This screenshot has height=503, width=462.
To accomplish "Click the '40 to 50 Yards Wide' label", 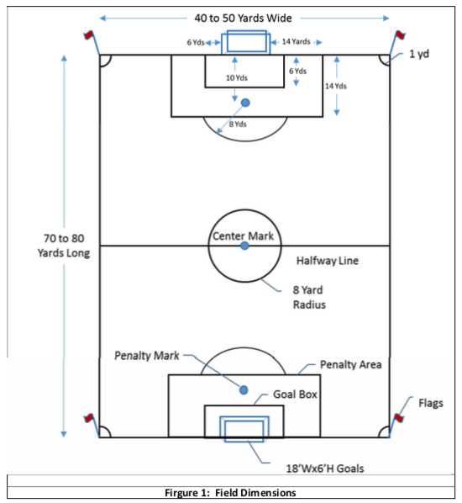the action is [243, 18].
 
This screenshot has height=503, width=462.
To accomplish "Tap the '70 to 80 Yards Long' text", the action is [64, 246].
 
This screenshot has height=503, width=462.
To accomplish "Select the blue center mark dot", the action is [244, 246].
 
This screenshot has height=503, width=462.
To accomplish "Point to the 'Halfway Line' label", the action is [328, 261].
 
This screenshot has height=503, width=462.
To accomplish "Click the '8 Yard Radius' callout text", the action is [309, 297].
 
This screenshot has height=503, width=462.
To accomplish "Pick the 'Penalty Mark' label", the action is [147, 356].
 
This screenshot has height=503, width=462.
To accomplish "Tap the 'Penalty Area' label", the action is [351, 364].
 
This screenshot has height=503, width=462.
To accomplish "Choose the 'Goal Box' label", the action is [295, 394].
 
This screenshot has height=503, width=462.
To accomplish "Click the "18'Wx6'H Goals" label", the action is [325, 469].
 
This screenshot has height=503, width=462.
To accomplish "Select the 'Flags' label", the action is [431, 403].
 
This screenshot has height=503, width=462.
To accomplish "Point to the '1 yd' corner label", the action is [419, 54].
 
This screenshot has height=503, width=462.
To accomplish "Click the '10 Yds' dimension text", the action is [237, 77].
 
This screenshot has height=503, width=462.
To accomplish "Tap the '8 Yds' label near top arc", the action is [238, 124].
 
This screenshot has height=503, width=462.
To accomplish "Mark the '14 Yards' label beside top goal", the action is [296, 41].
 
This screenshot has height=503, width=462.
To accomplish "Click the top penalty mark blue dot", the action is [245, 103].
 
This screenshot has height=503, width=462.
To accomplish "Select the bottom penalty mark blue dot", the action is [244, 390].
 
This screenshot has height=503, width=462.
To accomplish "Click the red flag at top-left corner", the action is [88, 34].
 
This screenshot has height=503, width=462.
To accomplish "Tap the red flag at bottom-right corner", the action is [399, 418].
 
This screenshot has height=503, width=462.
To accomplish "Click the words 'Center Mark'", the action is [243, 236].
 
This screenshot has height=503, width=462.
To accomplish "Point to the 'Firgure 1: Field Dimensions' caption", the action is [230, 492].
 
